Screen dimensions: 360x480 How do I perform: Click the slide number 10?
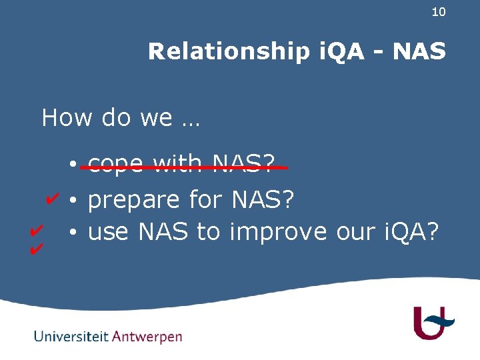coord(438,12)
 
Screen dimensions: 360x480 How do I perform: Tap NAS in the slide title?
coord(419,51)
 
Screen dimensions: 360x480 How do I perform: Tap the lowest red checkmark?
coord(37,250)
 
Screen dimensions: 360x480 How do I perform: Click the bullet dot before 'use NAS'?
coord(77,233)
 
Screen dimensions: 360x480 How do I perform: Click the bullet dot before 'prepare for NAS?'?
coord(77,200)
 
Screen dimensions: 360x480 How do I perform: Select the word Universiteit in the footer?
coord(71,337)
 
